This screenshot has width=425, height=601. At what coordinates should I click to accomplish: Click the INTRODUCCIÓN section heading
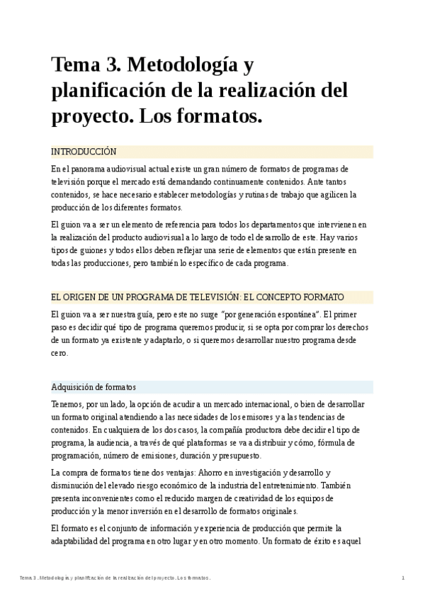84,152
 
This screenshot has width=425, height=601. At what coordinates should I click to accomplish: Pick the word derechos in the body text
345,327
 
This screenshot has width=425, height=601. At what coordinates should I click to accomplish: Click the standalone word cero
59,353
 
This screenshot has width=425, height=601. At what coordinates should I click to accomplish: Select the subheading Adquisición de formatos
93,387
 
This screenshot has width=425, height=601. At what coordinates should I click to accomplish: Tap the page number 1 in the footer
403,578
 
